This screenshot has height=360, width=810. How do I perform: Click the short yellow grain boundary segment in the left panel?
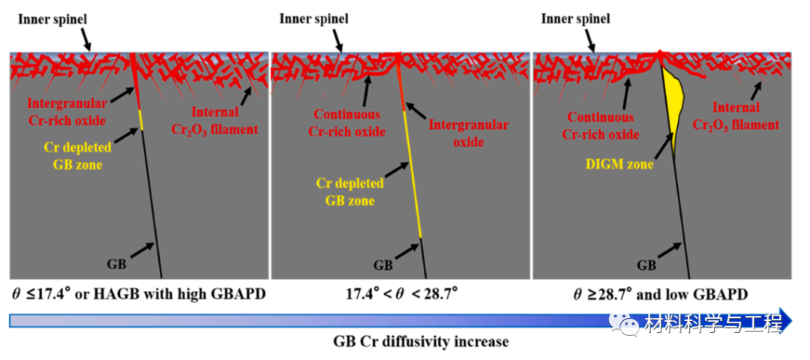[x=140, y=118]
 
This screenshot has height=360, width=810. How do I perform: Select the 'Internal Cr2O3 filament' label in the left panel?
[x=220, y=121]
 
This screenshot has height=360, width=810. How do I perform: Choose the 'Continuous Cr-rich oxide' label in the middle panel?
[x=348, y=124]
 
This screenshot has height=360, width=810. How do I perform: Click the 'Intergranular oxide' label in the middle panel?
[x=469, y=133]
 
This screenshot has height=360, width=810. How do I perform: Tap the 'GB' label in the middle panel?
[x=383, y=265]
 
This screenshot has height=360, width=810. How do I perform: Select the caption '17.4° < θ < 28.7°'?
[x=400, y=293]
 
